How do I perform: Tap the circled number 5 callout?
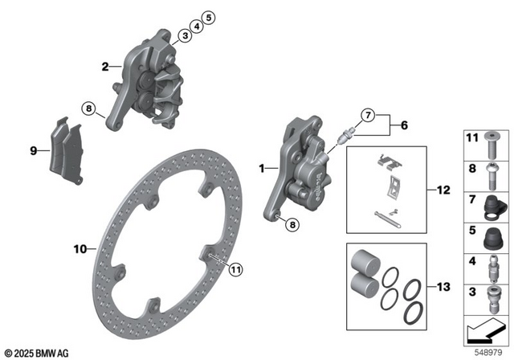tap(208, 17)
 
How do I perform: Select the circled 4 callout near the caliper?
tap(196, 26)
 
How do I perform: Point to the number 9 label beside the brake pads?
tap(33, 149)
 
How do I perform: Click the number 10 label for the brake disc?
tap(79, 250)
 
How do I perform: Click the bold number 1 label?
tap(261, 169)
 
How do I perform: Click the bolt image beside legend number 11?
tap(492, 145)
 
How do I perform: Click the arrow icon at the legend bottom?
tap(487, 329)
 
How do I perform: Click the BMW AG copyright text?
tap(38, 351)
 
